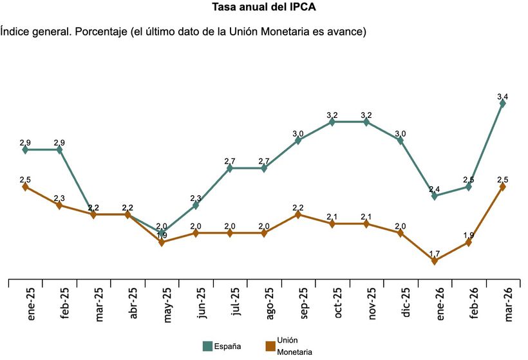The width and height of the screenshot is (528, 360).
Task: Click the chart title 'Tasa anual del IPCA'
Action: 264,8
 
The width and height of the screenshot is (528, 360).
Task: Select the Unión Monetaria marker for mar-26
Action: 503,187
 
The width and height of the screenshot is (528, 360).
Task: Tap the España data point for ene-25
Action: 25,149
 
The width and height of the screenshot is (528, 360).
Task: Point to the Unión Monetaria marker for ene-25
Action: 25,187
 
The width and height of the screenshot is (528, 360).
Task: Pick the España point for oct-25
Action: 332,122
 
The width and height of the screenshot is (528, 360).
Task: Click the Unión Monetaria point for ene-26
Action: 435,261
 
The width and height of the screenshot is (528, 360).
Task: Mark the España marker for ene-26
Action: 435,196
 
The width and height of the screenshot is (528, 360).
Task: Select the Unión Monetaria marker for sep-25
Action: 298,214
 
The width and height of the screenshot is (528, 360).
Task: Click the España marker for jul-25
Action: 230,168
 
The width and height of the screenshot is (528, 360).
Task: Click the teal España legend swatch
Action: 208,346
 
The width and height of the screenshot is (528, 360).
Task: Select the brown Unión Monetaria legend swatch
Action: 269,346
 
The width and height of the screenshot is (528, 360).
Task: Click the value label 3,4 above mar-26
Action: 503,97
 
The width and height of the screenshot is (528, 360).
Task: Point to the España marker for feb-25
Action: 59,149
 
